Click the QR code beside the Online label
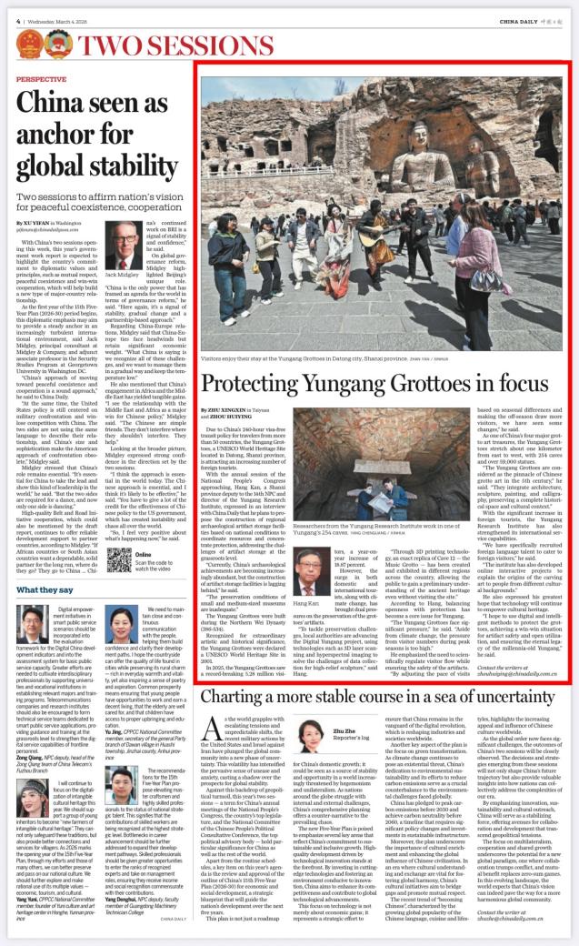coord(119,557)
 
